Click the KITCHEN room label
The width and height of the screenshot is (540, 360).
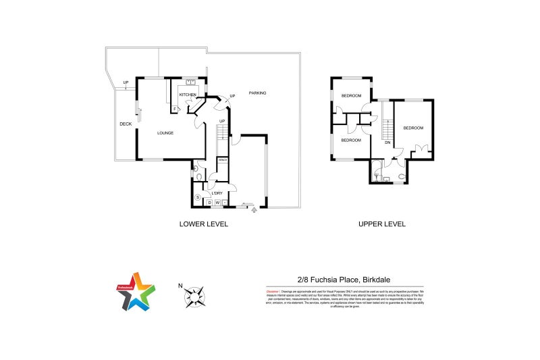point(188,95)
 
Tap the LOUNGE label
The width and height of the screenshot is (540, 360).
point(165,133)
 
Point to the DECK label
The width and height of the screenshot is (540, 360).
point(125,124)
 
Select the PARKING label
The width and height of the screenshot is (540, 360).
point(257,93)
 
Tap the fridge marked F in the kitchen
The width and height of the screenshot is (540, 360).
point(175,109)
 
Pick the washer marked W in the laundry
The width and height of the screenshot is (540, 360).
point(217,203)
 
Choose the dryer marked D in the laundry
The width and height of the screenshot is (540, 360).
point(209,203)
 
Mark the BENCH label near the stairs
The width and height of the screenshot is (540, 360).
point(222,160)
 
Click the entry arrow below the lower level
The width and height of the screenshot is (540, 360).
point(254,210)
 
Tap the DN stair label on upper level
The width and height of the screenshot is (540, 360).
point(387,143)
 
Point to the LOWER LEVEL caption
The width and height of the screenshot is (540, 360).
point(203,224)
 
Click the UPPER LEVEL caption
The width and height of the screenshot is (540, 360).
point(382,224)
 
